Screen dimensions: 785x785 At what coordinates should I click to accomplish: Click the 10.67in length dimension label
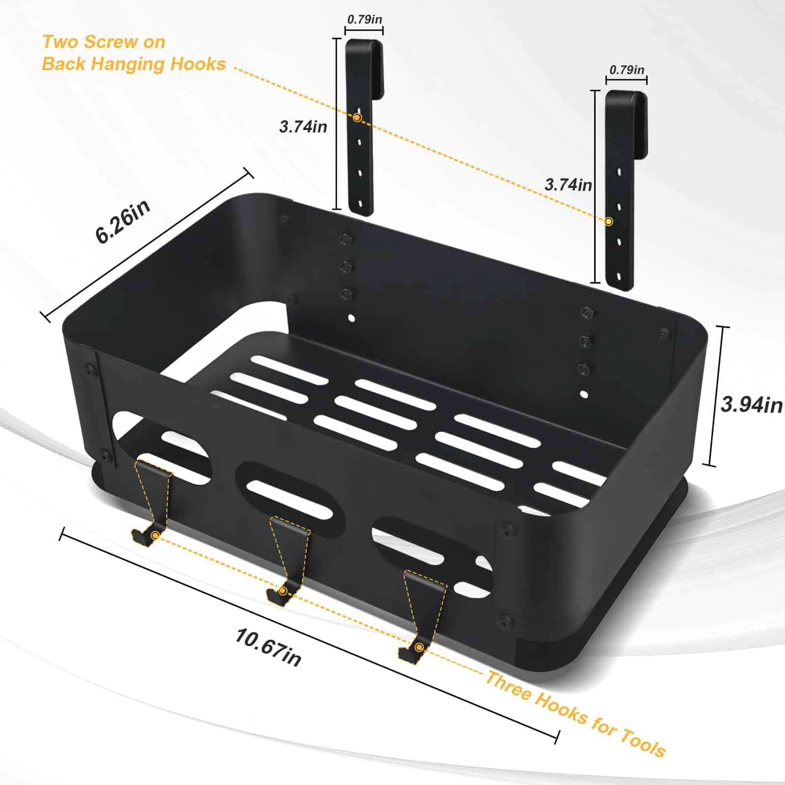click(268, 648)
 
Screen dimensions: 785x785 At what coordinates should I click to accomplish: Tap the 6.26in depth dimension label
click(123, 221)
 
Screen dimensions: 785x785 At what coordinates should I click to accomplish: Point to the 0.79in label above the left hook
click(365, 20)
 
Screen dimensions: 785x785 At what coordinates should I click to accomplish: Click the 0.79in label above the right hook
click(627, 70)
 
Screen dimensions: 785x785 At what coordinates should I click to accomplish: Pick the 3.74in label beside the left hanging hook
click(303, 127)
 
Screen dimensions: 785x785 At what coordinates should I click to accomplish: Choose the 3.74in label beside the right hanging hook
click(568, 184)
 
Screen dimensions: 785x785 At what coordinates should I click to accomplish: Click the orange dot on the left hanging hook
click(357, 118)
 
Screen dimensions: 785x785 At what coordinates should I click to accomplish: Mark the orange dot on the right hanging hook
click(609, 221)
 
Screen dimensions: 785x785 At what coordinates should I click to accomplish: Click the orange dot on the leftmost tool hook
click(155, 536)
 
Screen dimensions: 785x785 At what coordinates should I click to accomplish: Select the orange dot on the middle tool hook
click(283, 591)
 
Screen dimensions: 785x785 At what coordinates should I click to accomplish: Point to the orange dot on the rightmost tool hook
click(419, 648)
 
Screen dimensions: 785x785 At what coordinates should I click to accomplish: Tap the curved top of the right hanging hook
click(626, 96)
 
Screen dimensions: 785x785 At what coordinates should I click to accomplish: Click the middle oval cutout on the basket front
click(291, 498)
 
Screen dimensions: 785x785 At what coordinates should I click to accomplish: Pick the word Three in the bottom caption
click(508, 686)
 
